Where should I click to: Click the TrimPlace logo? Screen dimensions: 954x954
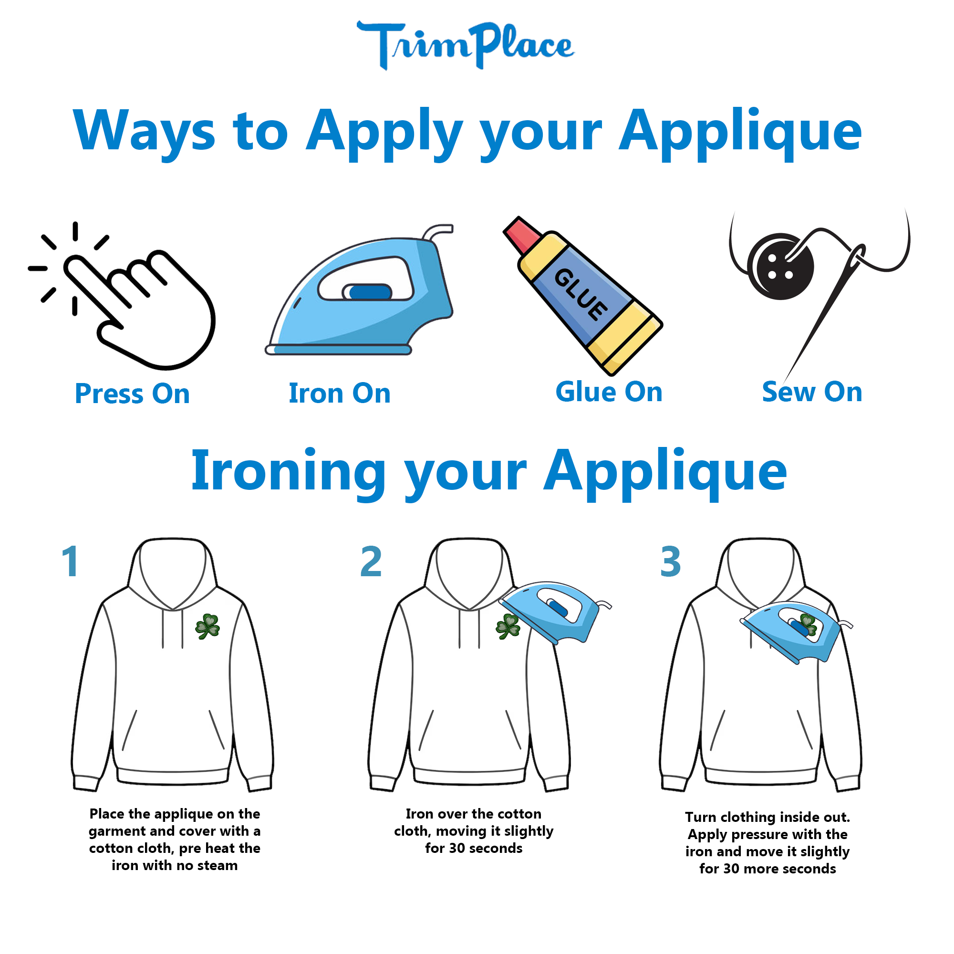pos(465,45)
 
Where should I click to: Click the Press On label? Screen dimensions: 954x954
pos(132,394)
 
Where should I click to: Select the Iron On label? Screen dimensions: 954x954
pos(340,394)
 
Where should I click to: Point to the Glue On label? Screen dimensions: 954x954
pos(609,392)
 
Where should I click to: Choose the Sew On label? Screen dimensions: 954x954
pos(812,392)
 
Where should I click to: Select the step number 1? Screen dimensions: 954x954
pos(70,561)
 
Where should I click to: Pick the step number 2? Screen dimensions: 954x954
pos(371,561)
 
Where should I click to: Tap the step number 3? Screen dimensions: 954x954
pos(671,561)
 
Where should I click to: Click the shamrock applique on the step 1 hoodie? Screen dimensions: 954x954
pos(208,627)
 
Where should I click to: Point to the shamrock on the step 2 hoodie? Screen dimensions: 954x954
pos(508,627)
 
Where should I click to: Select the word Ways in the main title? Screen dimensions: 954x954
pos(144,131)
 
